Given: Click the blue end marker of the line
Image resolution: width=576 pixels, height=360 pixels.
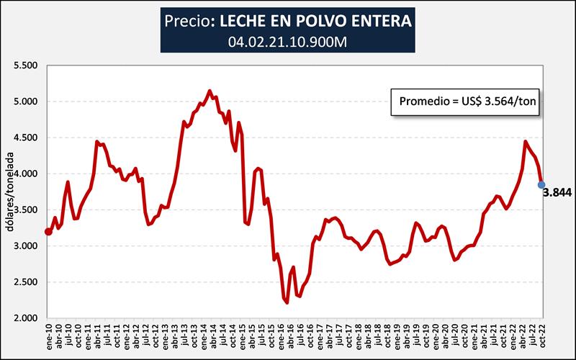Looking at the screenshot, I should click(x=541, y=185).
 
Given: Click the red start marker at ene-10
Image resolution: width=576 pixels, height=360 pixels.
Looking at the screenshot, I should click(x=48, y=232).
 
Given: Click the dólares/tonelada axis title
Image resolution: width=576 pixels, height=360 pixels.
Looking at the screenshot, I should click(x=10, y=192).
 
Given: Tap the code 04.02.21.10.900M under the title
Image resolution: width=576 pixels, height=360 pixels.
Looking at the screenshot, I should click(x=287, y=41).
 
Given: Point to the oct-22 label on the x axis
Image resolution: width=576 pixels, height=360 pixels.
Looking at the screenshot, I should click(x=540, y=338).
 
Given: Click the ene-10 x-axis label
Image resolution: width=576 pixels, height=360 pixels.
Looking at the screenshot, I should click(x=48, y=338).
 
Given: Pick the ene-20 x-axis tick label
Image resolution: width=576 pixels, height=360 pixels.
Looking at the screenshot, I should click(x=433, y=338).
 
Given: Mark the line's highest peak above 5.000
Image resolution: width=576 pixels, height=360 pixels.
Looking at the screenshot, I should click(x=210, y=91).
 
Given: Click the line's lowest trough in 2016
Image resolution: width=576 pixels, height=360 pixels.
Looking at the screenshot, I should click(x=287, y=303).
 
